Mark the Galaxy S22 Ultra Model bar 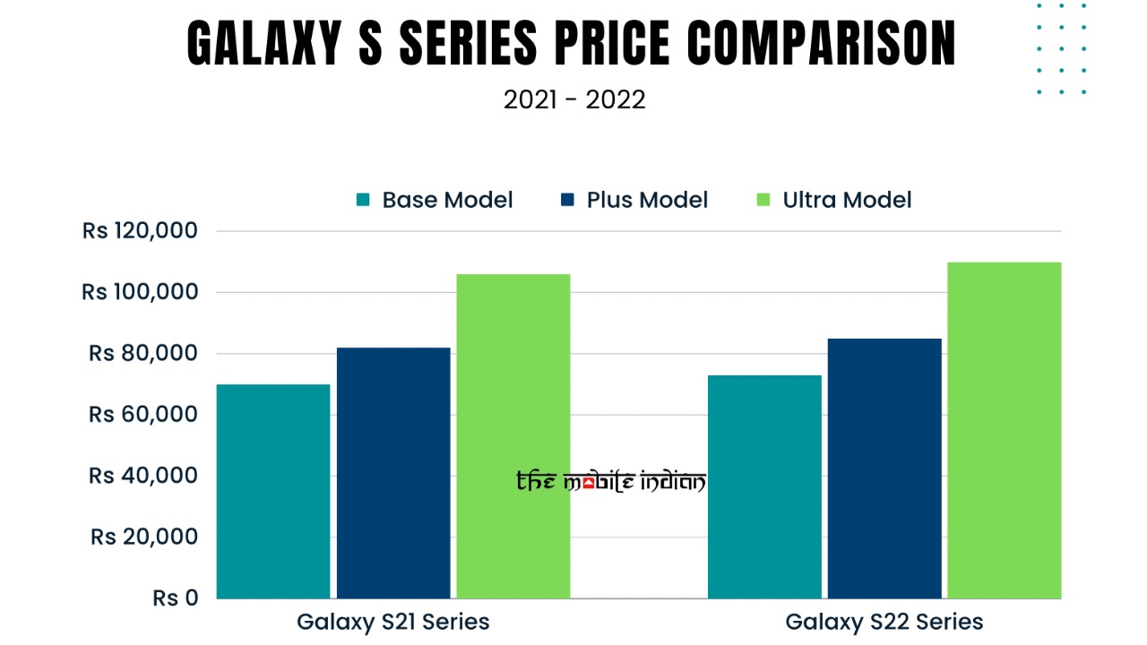(1004, 430)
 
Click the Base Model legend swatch (363, 200)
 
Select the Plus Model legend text (647, 200)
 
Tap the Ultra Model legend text (847, 200)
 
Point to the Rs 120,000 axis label (140, 231)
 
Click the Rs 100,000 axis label (140, 292)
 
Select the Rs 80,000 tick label (143, 353)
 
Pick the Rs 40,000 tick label (143, 476)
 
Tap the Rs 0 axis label (176, 598)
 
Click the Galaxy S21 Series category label (393, 622)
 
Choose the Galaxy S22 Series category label (884, 622)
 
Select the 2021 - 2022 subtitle (574, 99)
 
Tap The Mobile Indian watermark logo (611, 482)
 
